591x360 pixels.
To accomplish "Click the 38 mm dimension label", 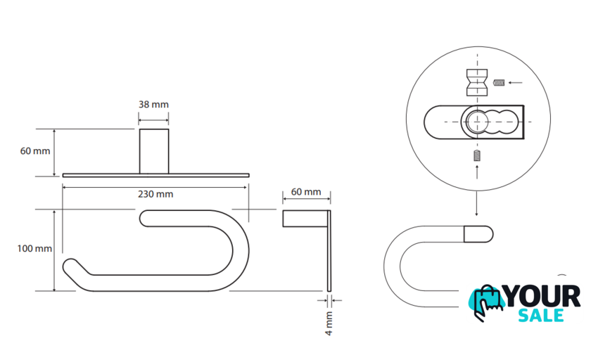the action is (x=153, y=104).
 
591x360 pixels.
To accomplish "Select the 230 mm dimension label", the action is (x=155, y=194).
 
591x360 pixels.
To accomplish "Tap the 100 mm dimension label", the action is (x=34, y=248).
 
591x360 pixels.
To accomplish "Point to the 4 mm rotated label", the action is (x=329, y=323).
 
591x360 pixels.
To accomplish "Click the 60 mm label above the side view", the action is (x=306, y=192).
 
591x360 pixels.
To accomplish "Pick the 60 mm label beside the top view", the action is (x=35, y=151).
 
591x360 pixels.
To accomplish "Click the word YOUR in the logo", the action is (x=542, y=296).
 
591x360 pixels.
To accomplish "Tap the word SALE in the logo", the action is (x=541, y=315).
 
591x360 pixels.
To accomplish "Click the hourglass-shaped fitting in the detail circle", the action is (x=477, y=82).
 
